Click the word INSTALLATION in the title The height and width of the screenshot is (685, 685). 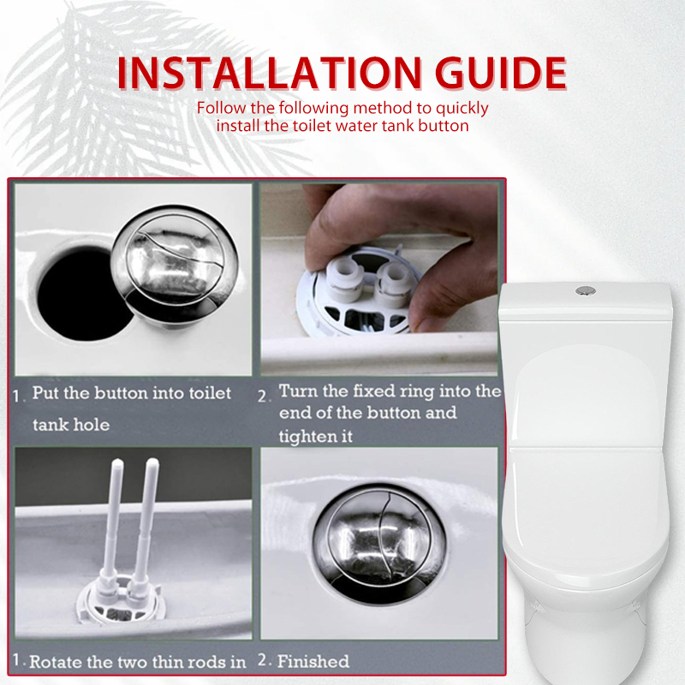coord(269,73)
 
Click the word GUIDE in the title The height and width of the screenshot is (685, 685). coord(501,73)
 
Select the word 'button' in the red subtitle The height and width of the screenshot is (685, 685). coord(444,126)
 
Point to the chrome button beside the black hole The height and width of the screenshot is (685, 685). coord(175,265)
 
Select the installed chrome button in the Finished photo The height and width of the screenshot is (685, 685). coord(379,544)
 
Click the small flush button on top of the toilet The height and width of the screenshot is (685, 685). coord(586,289)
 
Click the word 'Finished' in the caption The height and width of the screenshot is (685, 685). coord(313,661)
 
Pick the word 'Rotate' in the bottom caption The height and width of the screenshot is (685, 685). coord(56,662)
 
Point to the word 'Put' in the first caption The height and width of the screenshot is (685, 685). coord(46,393)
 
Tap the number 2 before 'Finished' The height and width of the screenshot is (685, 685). coord(262,660)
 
